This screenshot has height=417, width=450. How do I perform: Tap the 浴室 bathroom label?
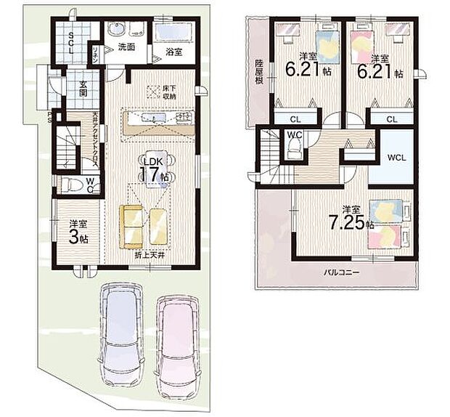pos(172,52)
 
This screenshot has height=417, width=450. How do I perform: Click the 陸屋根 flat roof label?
pos(258,72)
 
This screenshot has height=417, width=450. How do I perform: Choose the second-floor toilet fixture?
pos(293,149)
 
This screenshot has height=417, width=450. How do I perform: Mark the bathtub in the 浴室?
pos(172,33)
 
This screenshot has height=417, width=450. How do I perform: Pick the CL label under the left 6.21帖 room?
pos(295,119)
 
